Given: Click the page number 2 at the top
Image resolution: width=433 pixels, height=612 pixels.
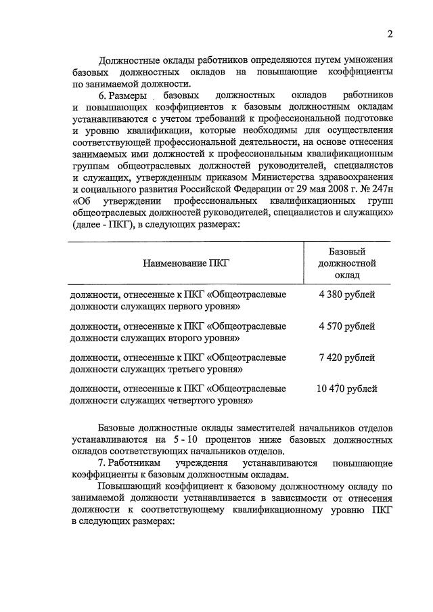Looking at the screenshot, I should point(390,35).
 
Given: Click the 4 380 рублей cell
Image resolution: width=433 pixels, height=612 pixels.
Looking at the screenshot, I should point(346,294).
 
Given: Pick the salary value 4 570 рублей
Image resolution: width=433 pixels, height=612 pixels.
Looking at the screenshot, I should point(346,326).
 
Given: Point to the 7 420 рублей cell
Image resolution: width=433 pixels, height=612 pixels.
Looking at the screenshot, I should point(346,357).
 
